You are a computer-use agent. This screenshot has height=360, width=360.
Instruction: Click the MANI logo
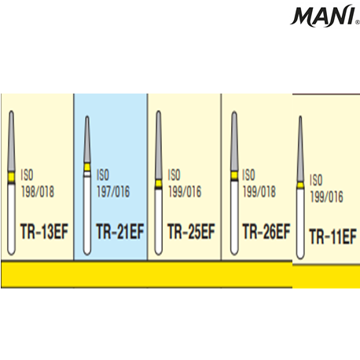click(325, 16)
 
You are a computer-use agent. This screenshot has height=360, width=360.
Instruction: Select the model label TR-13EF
click(44, 231)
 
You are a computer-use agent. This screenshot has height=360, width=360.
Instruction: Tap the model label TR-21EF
click(120, 231)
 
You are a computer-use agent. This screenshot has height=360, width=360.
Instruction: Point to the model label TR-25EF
click(191, 231)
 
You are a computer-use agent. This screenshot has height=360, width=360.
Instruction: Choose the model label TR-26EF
click(266, 231)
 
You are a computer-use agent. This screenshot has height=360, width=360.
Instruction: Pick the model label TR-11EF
click(333, 237)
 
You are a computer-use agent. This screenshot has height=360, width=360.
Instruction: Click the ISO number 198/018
click(38, 192)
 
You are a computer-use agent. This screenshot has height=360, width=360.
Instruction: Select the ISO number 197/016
click(113, 192)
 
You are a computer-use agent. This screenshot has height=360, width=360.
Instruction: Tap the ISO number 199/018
click(259, 192)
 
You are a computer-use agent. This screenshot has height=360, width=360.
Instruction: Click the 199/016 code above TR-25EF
click(185, 192)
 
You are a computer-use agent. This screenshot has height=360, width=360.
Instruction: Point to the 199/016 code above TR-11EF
click(326, 197)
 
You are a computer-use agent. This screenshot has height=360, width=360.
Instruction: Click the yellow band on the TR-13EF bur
click(11, 177)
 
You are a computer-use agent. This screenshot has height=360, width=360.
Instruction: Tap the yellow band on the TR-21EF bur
click(87, 167)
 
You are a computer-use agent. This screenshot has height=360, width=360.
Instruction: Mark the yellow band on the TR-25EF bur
click(158, 183)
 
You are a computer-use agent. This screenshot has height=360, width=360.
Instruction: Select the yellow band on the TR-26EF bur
click(234, 175)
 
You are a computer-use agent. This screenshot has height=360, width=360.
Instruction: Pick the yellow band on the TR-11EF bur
click(300, 186)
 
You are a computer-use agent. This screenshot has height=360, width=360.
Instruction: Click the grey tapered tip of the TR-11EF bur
click(300, 149)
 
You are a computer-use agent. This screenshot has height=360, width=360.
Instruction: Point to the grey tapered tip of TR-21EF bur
click(87, 139)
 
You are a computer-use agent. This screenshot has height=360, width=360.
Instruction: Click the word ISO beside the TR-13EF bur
click(28, 174)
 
